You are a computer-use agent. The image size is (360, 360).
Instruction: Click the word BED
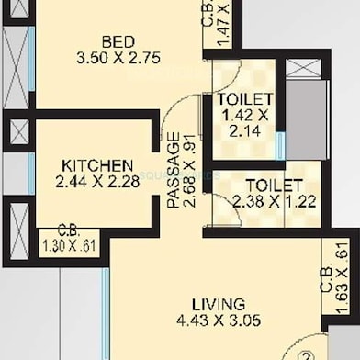119,41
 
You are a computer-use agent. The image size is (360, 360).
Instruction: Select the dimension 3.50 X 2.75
119,58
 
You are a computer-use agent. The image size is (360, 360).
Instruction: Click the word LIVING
218,304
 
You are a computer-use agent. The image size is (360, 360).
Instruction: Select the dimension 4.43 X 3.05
219,321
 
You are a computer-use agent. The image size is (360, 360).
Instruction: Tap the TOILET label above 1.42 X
244,99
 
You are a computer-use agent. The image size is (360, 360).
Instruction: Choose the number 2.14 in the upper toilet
244,132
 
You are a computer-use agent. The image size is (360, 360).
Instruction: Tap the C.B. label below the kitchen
67,231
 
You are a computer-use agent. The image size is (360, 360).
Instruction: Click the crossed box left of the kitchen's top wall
19,131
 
